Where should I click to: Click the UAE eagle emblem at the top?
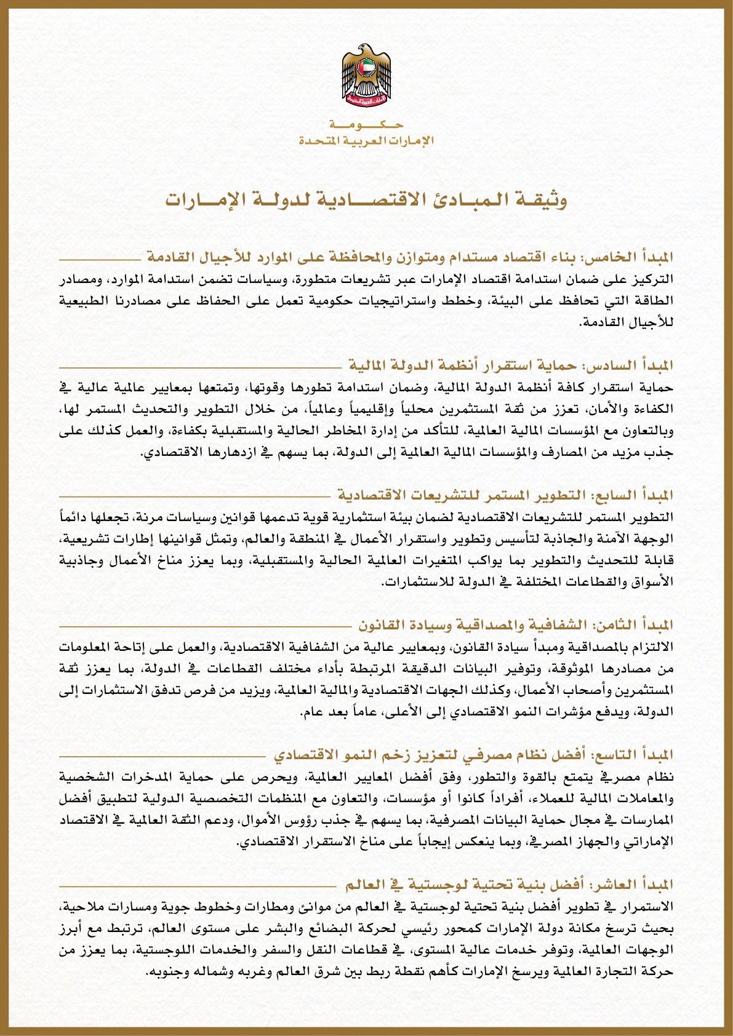[366, 75]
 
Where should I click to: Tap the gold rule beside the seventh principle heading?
[197, 496]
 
